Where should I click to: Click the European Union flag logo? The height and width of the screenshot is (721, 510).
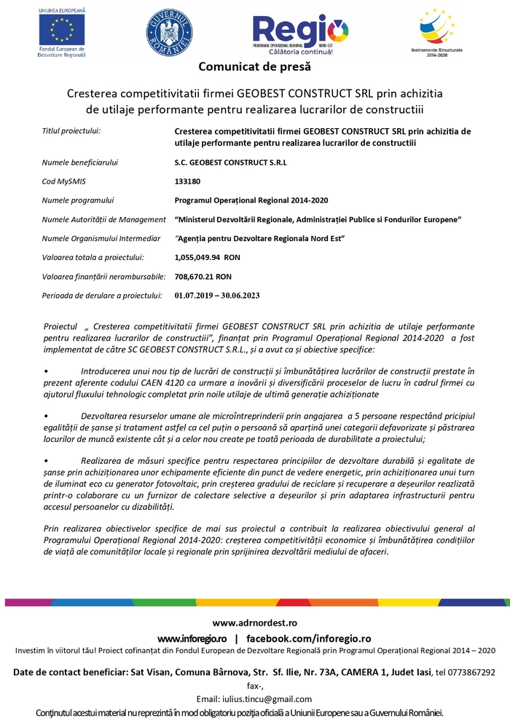click(x=62, y=29)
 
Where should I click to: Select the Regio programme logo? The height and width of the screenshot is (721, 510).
click(x=300, y=33)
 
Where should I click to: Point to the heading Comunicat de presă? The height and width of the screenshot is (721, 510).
click(x=255, y=67)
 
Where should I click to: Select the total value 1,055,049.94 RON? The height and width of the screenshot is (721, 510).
click(x=208, y=257)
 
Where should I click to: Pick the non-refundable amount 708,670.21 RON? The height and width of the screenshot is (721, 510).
click(x=203, y=277)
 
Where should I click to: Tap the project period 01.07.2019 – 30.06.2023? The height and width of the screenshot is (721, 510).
click(x=217, y=296)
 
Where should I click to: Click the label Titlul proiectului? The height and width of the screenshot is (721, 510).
click(x=71, y=131)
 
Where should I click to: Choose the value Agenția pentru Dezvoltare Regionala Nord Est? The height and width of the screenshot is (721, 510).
click(x=260, y=238)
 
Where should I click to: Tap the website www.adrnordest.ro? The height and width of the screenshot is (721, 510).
click(x=255, y=623)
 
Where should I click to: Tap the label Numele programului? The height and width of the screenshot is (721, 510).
click(x=78, y=200)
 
